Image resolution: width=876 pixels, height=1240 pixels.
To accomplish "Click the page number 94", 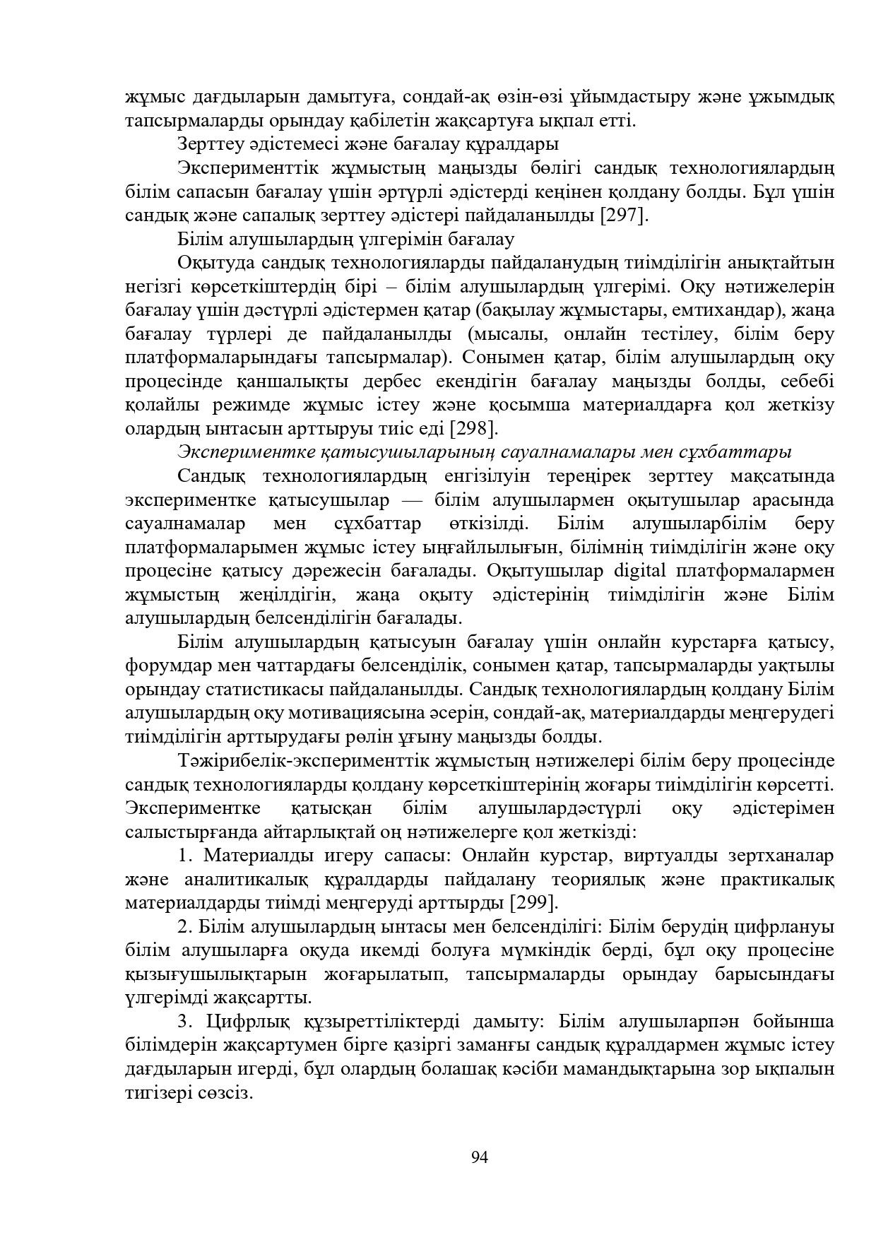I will tap(480, 1157).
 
